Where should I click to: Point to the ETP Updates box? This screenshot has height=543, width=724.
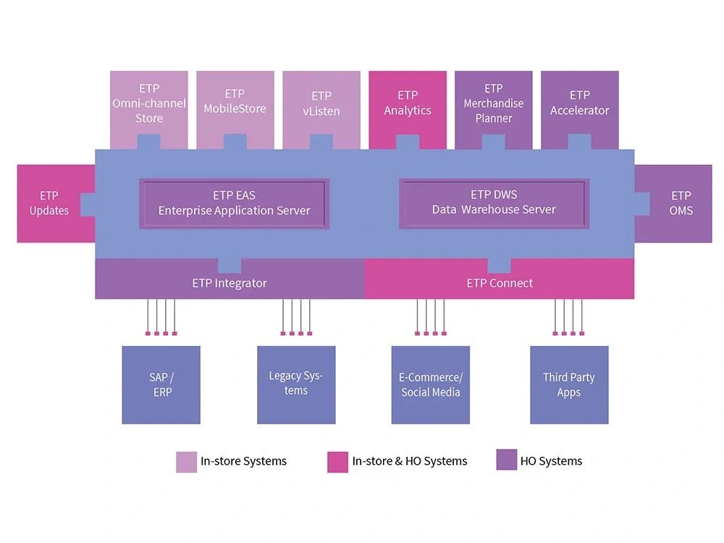click(x=49, y=203)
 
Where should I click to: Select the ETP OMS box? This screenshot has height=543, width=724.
click(x=680, y=203)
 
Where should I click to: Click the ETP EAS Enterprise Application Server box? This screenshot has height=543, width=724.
click(x=234, y=203)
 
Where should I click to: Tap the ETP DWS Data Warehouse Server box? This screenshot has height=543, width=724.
click(x=494, y=203)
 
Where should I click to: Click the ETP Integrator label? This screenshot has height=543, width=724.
click(x=230, y=283)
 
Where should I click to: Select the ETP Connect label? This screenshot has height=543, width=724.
click(x=500, y=283)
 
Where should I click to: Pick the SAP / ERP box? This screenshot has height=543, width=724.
click(x=161, y=384)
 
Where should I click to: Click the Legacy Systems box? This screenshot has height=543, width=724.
click(x=296, y=384)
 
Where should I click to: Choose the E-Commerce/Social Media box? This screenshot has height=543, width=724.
click(x=431, y=384)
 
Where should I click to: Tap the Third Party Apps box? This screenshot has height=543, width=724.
click(x=569, y=384)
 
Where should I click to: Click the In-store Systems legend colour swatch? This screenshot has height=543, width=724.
click(x=186, y=462)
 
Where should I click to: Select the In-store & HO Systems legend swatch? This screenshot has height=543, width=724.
click(x=337, y=462)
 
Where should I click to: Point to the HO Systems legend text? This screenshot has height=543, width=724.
click(x=551, y=461)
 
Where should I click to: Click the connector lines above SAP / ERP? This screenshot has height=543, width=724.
click(x=161, y=316)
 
